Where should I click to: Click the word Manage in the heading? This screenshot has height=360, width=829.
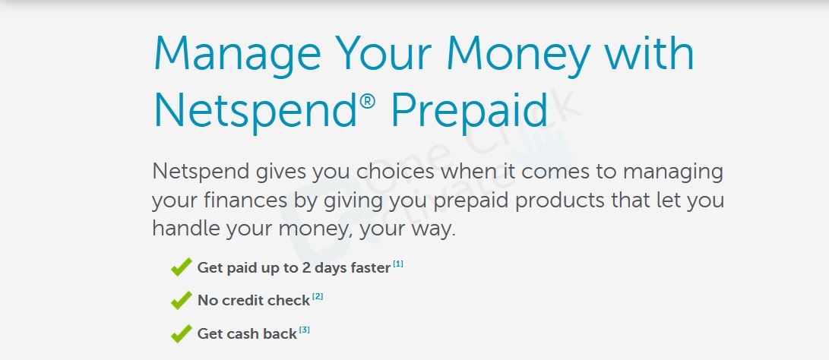click(237, 55)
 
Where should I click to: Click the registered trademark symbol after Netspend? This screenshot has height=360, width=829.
click(368, 100)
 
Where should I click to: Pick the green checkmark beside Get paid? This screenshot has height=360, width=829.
click(182, 267)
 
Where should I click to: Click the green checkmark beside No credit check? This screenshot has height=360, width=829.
click(182, 300)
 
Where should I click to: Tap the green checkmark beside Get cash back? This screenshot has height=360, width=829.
click(182, 333)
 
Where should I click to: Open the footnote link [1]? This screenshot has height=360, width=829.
click(398, 264)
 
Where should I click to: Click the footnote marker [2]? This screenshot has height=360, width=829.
click(317, 296)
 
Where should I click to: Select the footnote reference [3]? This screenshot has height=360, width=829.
click(304, 330)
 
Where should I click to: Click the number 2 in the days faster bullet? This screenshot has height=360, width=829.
click(305, 268)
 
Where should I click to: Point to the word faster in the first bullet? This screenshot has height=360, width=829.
click(370, 268)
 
